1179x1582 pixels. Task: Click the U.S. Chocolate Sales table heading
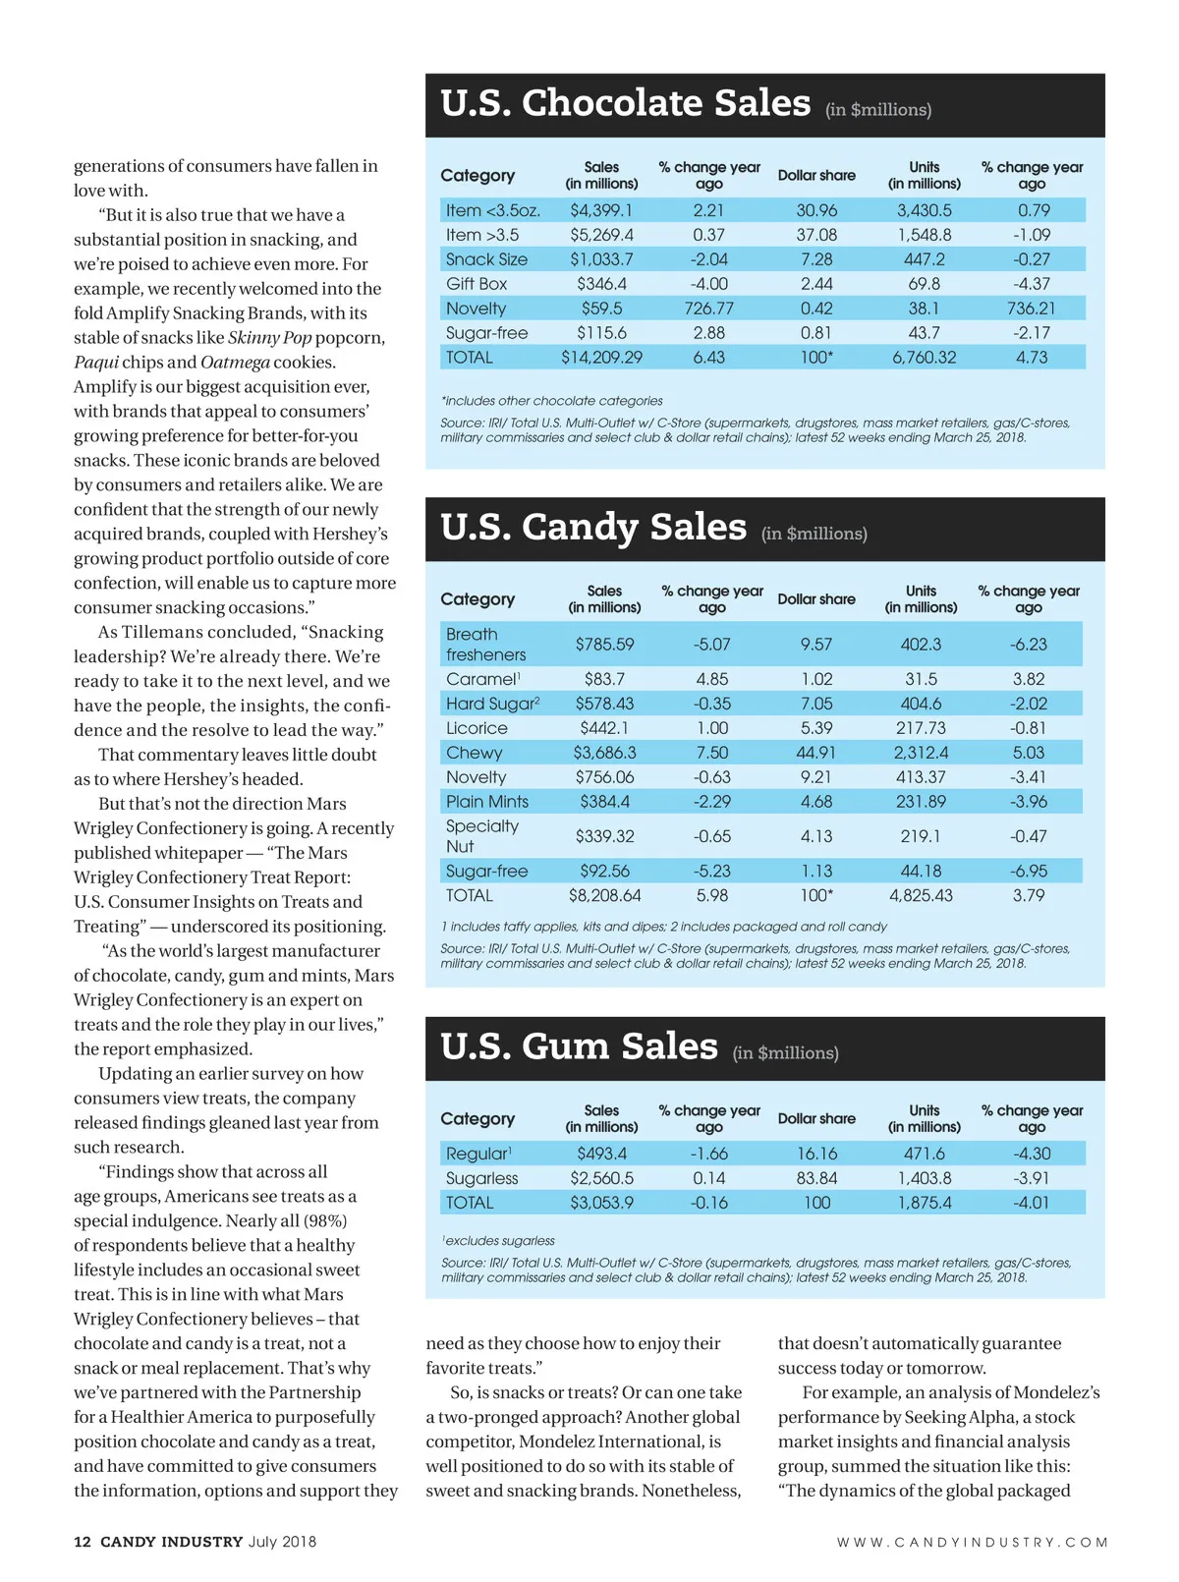pos(626,103)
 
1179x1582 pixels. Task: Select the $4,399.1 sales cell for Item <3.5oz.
pos(601,210)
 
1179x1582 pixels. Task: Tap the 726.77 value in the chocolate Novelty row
pos(708,309)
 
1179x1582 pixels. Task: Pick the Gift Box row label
pos(477,284)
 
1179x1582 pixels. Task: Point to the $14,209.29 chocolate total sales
pos(601,358)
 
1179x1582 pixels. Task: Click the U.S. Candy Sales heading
pos(593,528)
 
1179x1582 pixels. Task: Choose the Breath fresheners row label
pos(485,645)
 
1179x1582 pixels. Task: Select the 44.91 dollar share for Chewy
pos(815,753)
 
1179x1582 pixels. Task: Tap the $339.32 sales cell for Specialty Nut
pos(604,836)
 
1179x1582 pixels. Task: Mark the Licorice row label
pos(477,728)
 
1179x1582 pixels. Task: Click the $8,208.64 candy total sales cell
pos(604,895)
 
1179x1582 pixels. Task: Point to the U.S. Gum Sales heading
pos(579,1047)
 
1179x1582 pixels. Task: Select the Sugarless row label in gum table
pos(481,1178)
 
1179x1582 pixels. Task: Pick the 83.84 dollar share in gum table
pos(816,1178)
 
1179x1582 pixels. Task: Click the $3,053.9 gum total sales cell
pos(601,1203)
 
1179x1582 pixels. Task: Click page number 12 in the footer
pos(83,1542)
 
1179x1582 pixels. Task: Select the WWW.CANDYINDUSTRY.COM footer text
pos(972,1543)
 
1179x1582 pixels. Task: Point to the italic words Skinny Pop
pos(270,338)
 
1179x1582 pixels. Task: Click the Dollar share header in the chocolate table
pos(816,175)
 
